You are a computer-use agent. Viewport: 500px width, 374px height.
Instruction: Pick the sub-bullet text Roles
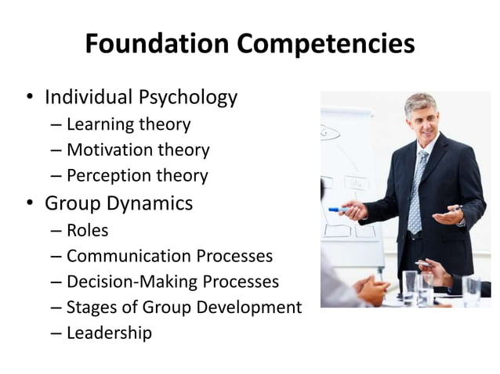(x=87, y=230)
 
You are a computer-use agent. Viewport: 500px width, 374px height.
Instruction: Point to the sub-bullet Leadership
(x=109, y=333)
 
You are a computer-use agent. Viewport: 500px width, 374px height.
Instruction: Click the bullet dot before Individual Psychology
(x=29, y=99)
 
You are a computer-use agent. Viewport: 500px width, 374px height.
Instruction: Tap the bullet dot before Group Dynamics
(x=29, y=204)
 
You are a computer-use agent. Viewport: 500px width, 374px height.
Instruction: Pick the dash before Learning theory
(x=56, y=124)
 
